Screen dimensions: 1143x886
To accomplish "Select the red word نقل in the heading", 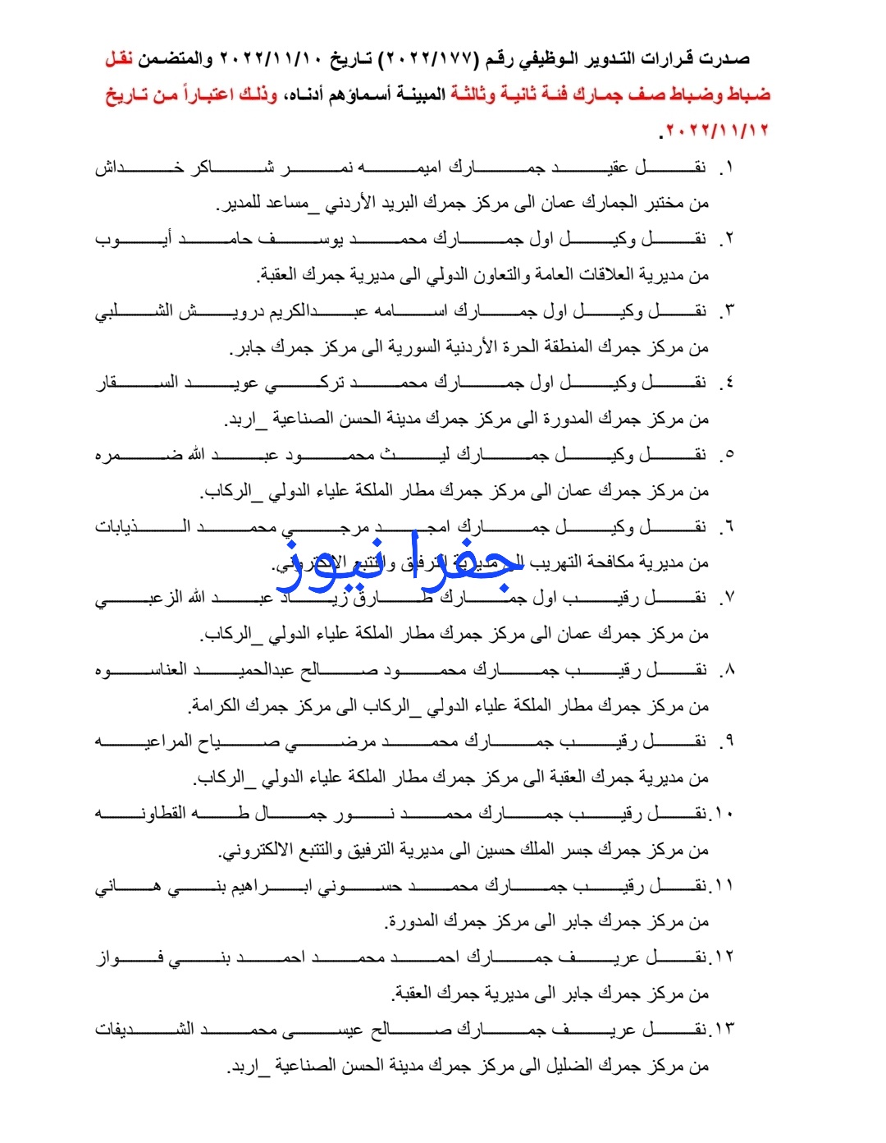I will click(x=119, y=59).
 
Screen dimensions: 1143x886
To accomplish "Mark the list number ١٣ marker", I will click(x=722, y=1029).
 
